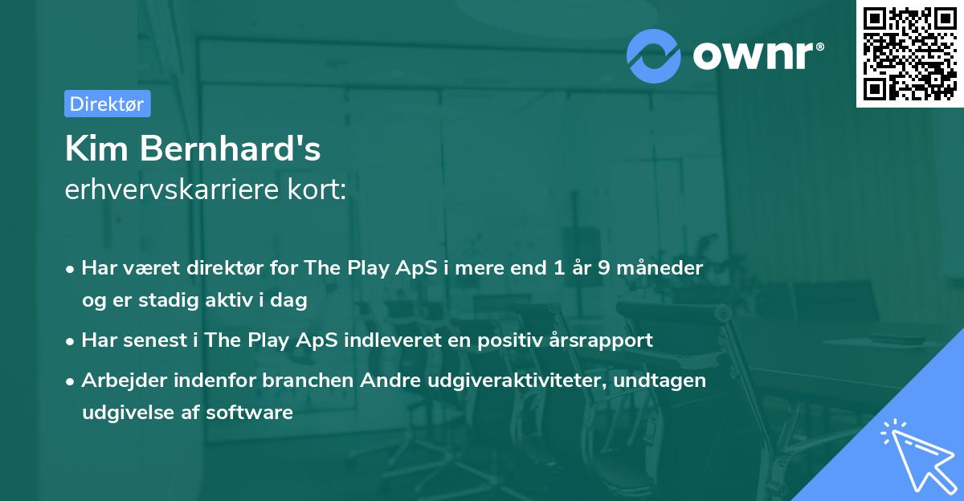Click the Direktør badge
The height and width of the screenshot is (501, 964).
tap(107, 104)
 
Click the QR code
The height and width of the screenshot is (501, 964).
tap(910, 53)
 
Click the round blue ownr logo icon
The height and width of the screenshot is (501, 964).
tap(654, 56)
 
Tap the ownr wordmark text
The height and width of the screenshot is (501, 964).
tap(758, 55)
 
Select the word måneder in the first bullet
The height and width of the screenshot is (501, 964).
tap(667, 267)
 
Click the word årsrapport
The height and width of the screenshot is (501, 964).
tap(603, 340)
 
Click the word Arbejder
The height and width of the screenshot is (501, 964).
tap(120, 380)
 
